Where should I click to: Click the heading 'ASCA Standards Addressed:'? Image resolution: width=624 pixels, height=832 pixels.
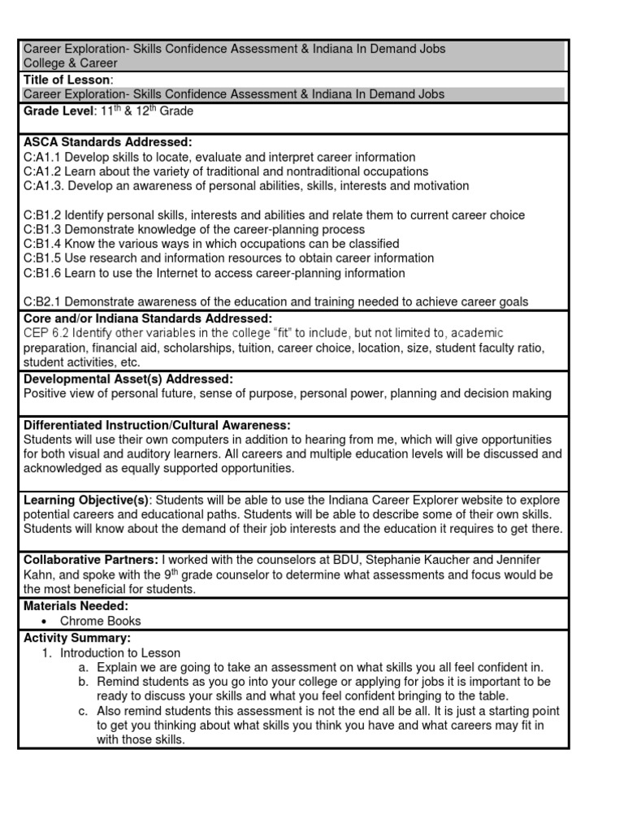pos(107,142)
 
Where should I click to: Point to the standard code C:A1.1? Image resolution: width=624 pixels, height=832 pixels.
pos(42,157)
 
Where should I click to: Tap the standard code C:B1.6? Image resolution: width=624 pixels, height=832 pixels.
pos(42,273)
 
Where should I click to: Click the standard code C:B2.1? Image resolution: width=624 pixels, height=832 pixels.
pos(42,302)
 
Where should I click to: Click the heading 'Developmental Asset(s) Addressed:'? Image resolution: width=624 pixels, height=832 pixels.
pos(128,379)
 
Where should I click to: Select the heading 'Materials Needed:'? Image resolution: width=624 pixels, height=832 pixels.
pos(76,606)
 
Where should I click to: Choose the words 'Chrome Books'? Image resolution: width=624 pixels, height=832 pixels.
pos(94,622)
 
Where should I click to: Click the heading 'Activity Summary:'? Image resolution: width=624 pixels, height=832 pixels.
pos(76,638)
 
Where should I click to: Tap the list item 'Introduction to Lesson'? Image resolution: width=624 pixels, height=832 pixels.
pos(120,652)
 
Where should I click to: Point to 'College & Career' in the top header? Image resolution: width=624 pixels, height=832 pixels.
pos(71,63)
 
